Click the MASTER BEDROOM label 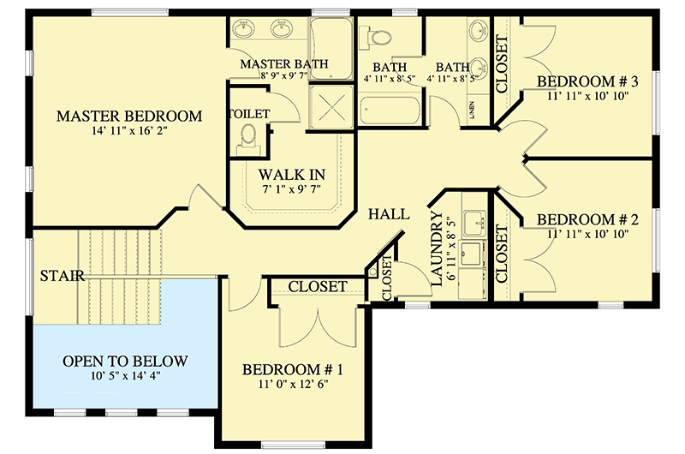129,116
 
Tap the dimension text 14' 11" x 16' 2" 129,133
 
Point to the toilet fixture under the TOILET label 249,135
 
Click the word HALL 389,214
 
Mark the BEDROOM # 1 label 293,370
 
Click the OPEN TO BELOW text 125,361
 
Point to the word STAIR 61,276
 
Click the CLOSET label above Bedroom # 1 317,287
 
